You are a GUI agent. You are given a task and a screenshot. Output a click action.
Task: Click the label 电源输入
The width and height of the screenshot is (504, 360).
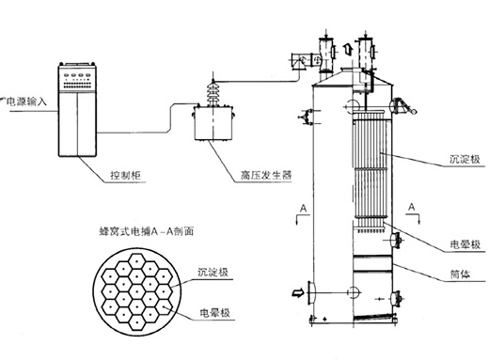pos(26,102)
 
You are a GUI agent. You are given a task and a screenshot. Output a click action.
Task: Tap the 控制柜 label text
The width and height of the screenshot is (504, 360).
pos(126,175)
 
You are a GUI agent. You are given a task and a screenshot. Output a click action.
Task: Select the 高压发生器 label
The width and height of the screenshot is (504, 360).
pos(266,175)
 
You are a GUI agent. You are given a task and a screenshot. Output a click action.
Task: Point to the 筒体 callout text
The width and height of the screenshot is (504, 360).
pos(461,274)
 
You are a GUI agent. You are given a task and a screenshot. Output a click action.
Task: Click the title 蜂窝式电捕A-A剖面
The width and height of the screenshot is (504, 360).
pos(147,231)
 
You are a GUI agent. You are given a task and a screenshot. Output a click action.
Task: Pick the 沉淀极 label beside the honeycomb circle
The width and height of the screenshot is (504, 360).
pos(213,273)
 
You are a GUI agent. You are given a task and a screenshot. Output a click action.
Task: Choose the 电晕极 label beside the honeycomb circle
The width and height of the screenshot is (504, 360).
pos(214,313)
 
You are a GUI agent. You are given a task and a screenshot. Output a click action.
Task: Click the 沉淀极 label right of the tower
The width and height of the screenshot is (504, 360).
pos(465,159)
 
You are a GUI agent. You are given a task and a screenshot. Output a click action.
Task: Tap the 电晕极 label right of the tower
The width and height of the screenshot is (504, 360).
pos(465,244)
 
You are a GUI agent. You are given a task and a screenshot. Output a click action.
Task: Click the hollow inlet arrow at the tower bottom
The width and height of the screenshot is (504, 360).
pos(298,293)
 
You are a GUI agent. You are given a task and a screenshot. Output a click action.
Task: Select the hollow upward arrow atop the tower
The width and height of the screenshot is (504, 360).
pos(348,49)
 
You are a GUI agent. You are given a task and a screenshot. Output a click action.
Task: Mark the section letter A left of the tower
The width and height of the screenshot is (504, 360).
pos(303,209)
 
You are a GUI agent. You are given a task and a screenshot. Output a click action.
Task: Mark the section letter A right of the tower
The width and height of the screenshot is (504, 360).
pos(412,208)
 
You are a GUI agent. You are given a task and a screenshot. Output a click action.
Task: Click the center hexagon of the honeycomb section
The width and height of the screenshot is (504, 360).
pos(137,292)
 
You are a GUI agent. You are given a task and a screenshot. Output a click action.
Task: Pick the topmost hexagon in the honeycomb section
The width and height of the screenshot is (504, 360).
pos(137,261)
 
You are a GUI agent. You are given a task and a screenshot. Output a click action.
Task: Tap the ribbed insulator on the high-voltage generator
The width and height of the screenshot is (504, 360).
pos(213,92)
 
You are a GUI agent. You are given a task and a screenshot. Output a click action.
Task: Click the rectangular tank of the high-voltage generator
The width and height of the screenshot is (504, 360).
pos(213,123)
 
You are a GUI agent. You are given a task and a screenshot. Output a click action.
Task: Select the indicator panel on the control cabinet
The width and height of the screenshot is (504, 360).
pos(77,80)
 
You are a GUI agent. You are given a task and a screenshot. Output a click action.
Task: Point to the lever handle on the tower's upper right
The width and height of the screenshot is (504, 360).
pos(404,107)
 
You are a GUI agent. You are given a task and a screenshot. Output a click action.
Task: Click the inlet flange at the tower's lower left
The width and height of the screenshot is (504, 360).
pos(311,293)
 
